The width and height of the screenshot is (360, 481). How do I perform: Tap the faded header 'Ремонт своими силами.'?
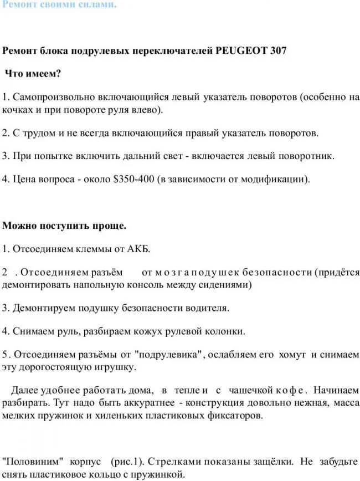[x=59, y=5]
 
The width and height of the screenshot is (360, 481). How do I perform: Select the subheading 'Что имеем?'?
[x=33, y=73]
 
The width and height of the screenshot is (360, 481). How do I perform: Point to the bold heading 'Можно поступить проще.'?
[x=65, y=226]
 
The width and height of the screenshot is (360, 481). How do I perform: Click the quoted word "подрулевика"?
[x=170, y=354]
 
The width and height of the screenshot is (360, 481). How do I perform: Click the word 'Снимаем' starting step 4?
[x=32, y=331]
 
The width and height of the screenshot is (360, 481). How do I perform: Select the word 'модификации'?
[x=279, y=179]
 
